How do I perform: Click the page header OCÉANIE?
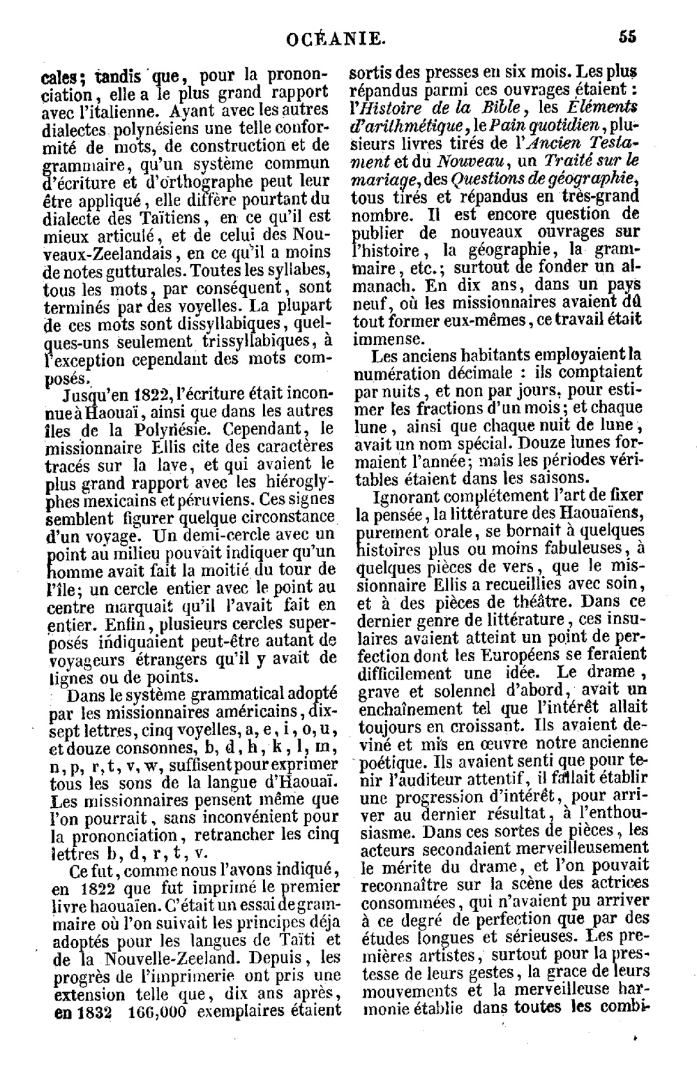click(335, 39)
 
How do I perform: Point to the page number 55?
click(627, 38)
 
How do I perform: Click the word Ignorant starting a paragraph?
click(410, 496)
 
